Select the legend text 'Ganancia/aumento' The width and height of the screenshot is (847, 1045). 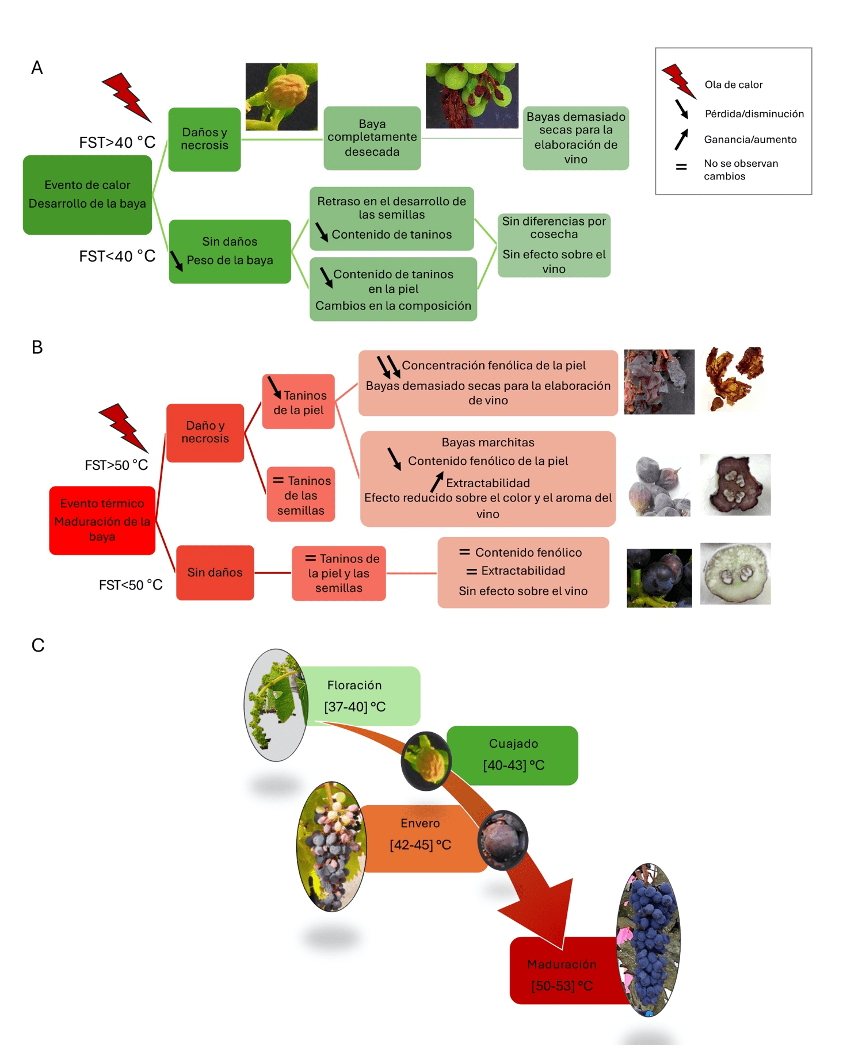[750, 140]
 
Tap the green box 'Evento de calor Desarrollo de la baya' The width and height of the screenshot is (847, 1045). [87, 194]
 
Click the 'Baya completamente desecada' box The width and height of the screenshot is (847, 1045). [372, 138]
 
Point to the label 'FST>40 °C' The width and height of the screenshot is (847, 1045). [117, 143]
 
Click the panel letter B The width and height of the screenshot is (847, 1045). [37, 347]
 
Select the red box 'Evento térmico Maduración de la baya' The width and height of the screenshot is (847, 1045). [102, 520]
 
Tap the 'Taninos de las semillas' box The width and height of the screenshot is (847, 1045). [301, 495]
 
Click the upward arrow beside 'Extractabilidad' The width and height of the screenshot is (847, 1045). [437, 482]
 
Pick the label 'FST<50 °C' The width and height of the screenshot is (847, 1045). [131, 585]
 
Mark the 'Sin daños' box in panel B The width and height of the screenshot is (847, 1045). [215, 572]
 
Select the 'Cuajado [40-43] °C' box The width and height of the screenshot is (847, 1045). [513, 755]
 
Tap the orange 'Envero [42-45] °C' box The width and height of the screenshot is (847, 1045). [420, 835]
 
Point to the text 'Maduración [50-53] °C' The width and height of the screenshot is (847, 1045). [562, 975]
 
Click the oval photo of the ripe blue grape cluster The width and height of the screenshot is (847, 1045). [649, 939]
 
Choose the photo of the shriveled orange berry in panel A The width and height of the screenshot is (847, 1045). [281, 97]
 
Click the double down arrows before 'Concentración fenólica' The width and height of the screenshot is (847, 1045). [388, 366]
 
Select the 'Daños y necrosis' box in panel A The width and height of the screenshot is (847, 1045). [204, 139]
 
